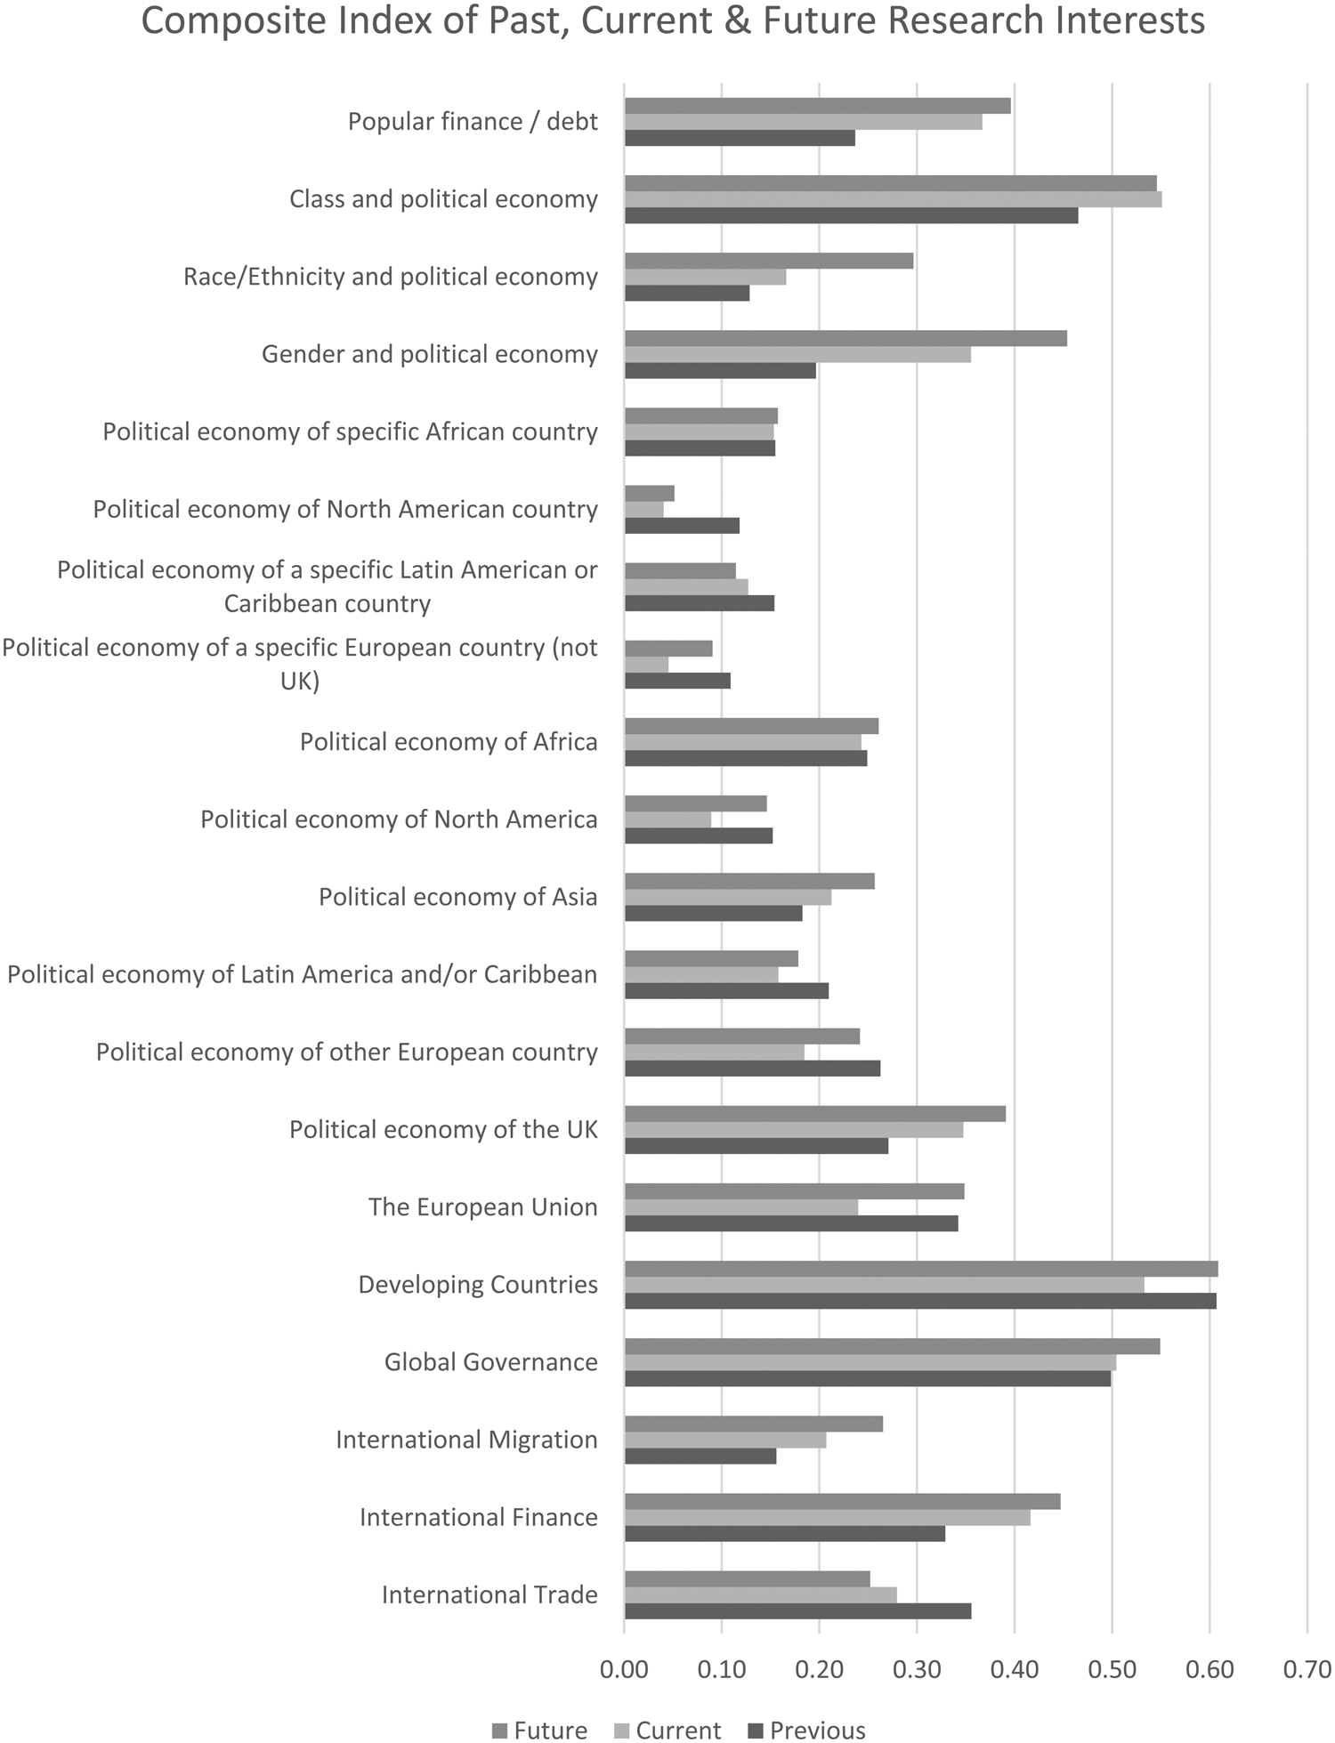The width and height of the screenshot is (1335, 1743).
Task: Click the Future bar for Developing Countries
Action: tap(921, 1269)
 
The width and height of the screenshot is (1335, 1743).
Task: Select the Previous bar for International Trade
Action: tap(797, 1610)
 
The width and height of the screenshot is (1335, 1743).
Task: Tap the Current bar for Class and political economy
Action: tap(893, 199)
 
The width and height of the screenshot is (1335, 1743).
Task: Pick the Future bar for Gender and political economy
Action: tap(845, 338)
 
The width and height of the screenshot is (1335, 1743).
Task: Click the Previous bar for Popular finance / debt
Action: tap(740, 138)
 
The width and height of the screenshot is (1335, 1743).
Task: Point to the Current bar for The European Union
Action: tap(741, 1207)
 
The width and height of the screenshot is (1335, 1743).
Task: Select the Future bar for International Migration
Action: tap(754, 1424)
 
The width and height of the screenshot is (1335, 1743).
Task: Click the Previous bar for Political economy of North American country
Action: tap(682, 526)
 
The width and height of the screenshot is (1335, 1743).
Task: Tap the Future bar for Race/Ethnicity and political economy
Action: tap(769, 261)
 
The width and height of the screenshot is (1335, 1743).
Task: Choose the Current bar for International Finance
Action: tap(827, 1517)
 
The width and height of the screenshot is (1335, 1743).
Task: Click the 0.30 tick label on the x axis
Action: tap(917, 1669)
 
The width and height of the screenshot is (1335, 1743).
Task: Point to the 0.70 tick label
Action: tap(1307, 1669)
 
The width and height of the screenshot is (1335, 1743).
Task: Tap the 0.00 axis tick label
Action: tap(624, 1669)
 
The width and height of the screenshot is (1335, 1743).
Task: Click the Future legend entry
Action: tap(539, 1730)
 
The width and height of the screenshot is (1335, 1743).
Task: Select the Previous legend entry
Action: tap(806, 1730)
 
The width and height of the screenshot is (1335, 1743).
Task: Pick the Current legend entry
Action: tap(667, 1730)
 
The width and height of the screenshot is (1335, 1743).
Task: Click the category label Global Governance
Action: tap(490, 1362)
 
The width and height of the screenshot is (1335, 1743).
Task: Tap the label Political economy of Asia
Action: tap(457, 897)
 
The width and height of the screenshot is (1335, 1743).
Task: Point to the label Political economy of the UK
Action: tap(443, 1130)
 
